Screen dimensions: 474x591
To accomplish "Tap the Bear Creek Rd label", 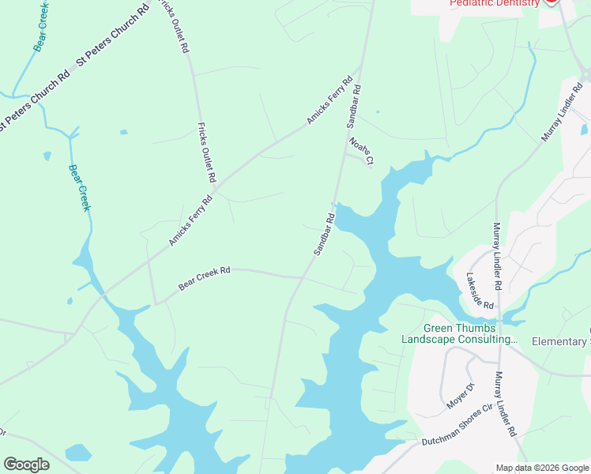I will point(204,278).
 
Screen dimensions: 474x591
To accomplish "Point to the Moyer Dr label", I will point(459,395).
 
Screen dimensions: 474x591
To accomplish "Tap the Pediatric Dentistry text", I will point(494,3).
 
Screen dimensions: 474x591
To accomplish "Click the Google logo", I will point(26,465).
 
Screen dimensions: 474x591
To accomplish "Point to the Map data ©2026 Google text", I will point(542,468).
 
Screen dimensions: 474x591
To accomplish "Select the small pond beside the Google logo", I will point(77,453).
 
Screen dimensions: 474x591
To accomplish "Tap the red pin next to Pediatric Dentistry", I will point(551,2).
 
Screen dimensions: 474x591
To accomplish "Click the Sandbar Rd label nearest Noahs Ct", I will point(353,107).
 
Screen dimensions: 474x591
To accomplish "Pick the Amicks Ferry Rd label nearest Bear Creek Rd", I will point(191,221).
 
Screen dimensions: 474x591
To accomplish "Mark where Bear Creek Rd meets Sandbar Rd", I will point(302,278).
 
